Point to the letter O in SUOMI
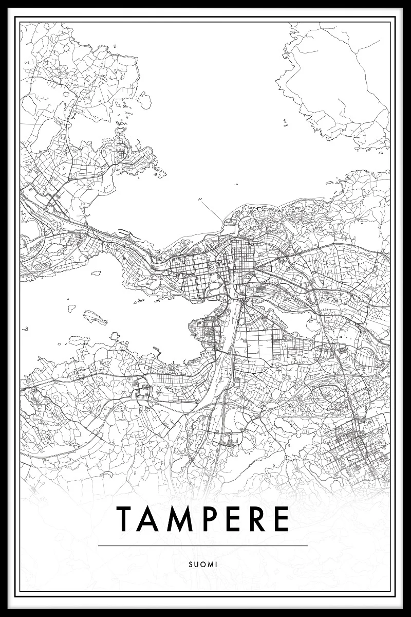[x=203, y=565]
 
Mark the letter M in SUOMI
[x=211, y=565]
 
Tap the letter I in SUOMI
[x=217, y=565]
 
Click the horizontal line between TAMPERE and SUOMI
[x=202, y=546]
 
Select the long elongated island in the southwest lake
[x=96, y=317]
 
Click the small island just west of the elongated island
[x=72, y=308]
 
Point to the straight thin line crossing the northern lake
[x=211, y=210]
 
